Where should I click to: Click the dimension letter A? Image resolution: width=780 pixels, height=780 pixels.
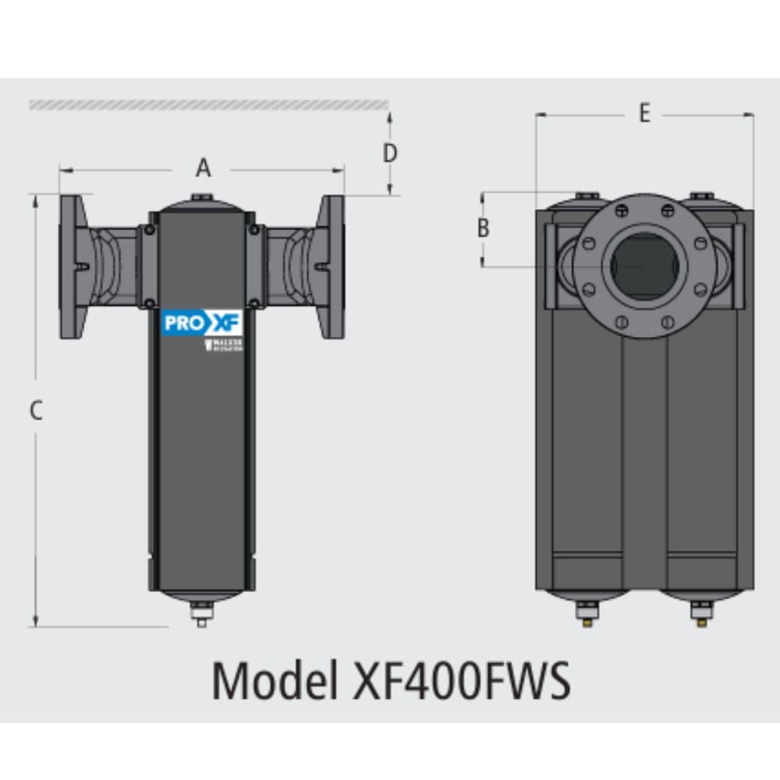pyautogui.click(x=203, y=168)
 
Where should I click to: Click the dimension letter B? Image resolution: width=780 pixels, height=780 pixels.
pyautogui.click(x=484, y=229)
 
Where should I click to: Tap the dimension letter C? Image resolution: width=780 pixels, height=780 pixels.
pyautogui.click(x=35, y=410)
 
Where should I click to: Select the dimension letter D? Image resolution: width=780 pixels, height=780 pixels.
pyautogui.click(x=390, y=153)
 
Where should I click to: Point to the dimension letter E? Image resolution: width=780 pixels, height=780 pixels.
pyautogui.click(x=644, y=114)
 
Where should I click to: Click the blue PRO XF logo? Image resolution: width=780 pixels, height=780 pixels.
pyautogui.click(x=202, y=323)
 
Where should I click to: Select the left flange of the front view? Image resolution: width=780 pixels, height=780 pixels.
pyautogui.click(x=73, y=266)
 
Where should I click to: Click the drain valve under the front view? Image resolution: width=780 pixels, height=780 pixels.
pyautogui.click(x=201, y=615)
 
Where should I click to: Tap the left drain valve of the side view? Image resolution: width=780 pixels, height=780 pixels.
pyautogui.click(x=587, y=614)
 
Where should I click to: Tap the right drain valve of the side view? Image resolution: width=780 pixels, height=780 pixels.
pyautogui.click(x=701, y=614)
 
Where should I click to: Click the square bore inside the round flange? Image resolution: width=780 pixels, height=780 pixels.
pyautogui.click(x=644, y=266)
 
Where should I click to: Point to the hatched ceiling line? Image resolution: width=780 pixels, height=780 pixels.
pyautogui.click(x=209, y=105)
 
